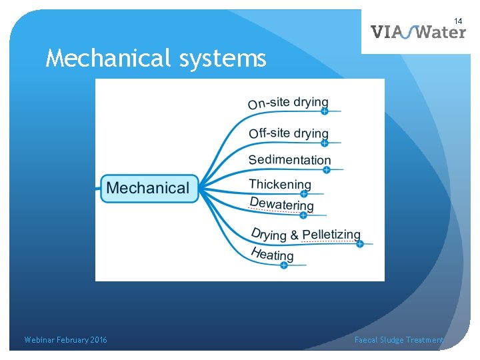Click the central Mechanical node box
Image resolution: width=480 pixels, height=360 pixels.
[148, 188]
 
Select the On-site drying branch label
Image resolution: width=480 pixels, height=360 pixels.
[288, 103]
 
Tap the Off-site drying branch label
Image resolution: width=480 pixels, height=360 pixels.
[289, 133]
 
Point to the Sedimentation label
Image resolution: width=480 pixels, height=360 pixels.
[289, 159]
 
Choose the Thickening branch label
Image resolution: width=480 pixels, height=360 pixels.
[280, 184]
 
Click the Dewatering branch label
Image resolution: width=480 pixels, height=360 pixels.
[281, 204]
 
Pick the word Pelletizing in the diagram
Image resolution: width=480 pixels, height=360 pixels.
[331, 235]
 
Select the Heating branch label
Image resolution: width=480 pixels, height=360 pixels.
[272, 254]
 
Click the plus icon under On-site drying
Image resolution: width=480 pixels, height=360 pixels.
[325, 111]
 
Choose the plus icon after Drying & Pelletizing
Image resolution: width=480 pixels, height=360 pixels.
[359, 244]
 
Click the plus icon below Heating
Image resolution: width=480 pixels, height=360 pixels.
[283, 265]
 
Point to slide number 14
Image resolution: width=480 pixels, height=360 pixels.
[459, 22]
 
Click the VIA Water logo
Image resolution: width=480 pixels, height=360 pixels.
[418, 31]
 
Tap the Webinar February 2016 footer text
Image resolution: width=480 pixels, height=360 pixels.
[65, 340]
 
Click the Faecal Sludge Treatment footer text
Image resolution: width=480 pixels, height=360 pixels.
[399, 340]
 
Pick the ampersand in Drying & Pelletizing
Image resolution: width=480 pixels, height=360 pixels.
[294, 235]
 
